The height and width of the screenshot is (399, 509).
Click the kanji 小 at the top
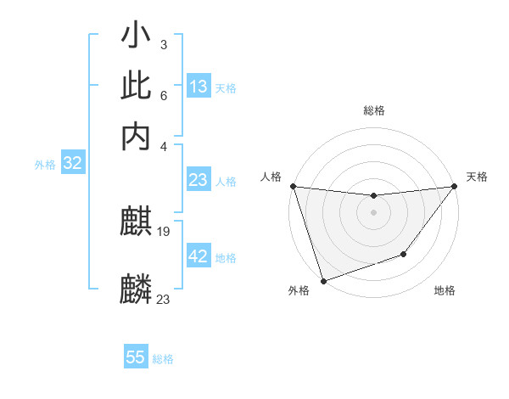[136, 37]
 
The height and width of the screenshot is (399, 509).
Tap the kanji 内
[136, 134]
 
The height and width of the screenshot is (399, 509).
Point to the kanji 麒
[136, 222]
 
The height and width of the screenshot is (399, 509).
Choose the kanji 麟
[136, 289]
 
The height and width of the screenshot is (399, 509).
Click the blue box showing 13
[199, 87]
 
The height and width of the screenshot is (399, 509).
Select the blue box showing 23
[199, 180]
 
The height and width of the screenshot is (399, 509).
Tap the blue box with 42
[199, 256]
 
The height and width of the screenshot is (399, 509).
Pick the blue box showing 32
[72, 164]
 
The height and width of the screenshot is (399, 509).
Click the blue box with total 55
[136, 357]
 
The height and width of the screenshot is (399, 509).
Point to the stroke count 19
[164, 231]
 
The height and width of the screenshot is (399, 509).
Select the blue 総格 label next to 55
[163, 359]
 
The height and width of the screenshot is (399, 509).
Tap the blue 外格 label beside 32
[45, 165]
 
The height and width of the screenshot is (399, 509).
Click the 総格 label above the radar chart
[373, 110]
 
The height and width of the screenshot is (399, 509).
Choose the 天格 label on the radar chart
[477, 177]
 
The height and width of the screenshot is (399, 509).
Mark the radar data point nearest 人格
[293, 186]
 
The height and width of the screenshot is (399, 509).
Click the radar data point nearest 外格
[323, 280]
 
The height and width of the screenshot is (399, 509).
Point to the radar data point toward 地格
[404, 254]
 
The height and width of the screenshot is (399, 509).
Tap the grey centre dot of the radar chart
[373, 212]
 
